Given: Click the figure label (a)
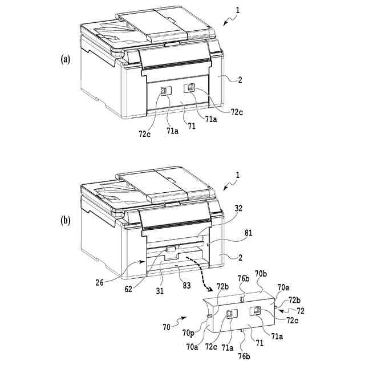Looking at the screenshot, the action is [x=65, y=59].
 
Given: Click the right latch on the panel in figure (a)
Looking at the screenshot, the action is [x=190, y=87].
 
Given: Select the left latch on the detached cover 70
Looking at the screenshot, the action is [x=231, y=314].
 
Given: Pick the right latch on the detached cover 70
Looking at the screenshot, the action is [x=256, y=310].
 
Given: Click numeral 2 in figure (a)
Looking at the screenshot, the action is [x=240, y=81].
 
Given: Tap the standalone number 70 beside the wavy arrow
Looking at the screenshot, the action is [x=167, y=327].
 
